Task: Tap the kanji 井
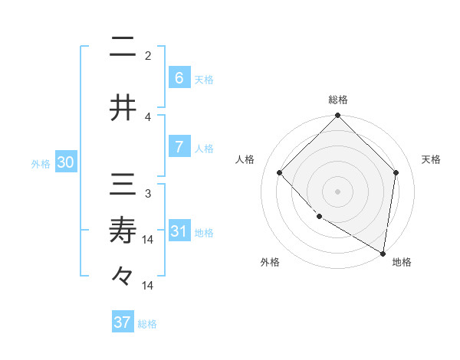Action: pyautogui.click(x=123, y=106)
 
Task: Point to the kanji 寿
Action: pyautogui.click(x=123, y=231)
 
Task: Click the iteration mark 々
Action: pyautogui.click(x=123, y=275)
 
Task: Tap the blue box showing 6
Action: pyautogui.click(x=179, y=77)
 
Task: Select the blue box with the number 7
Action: pyautogui.click(x=179, y=147)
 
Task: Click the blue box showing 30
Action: pyautogui.click(x=66, y=162)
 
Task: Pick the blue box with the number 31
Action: pyautogui.click(x=179, y=231)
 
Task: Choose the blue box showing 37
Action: pyautogui.click(x=123, y=322)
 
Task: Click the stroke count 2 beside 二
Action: pyautogui.click(x=148, y=55)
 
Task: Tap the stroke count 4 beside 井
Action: pyautogui.click(x=148, y=116)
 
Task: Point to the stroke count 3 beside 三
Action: pyautogui.click(x=148, y=194)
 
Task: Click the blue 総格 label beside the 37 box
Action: pyautogui.click(x=147, y=324)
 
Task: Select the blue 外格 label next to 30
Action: pyautogui.click(x=41, y=163)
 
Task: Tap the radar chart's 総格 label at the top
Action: pyautogui.click(x=337, y=100)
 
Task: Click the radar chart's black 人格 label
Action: pyautogui.click(x=245, y=159)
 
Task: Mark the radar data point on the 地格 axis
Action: pyautogui.click(x=383, y=253)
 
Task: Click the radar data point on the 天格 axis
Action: pyautogui.click(x=396, y=172)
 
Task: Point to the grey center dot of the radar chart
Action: pyautogui.click(x=337, y=191)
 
